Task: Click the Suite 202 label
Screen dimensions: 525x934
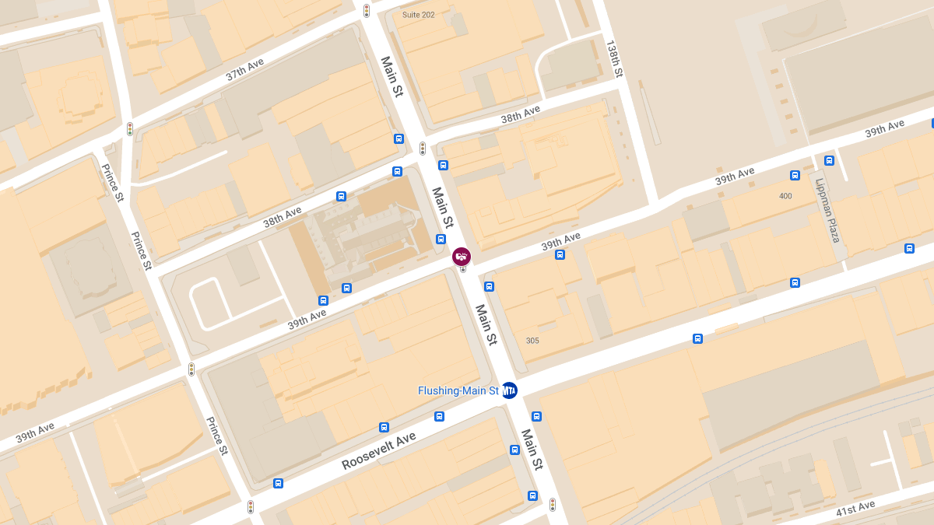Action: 418,15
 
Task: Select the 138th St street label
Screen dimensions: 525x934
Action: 614,59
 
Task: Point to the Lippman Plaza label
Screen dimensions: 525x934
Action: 827,210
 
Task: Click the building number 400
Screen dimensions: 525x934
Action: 785,196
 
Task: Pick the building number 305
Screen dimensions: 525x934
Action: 532,341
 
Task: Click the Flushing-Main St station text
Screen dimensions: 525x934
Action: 458,390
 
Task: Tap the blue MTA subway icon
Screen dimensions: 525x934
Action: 510,390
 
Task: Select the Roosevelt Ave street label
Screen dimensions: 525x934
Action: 378,451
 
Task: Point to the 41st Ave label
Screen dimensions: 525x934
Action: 856,507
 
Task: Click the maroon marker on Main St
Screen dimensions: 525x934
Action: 462,256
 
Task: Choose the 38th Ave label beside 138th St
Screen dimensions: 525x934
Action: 521,114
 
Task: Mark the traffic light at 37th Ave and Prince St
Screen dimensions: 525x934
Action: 130,129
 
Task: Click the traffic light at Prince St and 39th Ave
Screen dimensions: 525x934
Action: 191,369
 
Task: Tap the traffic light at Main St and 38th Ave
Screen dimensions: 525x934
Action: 423,149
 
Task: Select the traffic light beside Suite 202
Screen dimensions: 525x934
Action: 367,11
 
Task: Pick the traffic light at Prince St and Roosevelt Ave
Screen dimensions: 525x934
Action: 251,507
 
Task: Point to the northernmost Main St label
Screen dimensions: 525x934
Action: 392,76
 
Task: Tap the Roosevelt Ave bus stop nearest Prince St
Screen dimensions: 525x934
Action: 278,483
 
